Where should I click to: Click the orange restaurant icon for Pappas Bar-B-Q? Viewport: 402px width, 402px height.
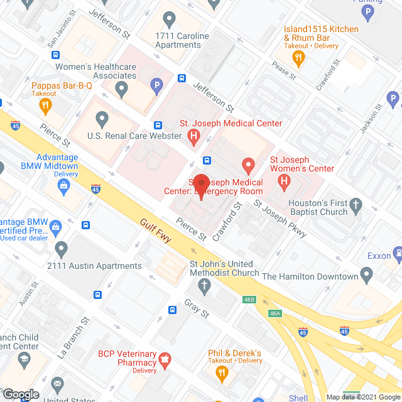click(45, 107)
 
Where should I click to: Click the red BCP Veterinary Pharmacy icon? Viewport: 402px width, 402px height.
click(165, 360)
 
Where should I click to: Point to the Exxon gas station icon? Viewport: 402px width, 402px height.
click(397, 253)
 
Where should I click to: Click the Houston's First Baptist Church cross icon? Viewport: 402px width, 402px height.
click(356, 205)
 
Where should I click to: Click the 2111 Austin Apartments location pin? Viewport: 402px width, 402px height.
click(61, 249)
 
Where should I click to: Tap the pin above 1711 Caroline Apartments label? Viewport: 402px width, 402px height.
click(168, 20)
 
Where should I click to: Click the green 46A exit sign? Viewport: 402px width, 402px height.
click(274, 313)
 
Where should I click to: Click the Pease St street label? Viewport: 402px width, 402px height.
click(284, 70)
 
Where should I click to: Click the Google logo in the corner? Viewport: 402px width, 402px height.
click(20, 394)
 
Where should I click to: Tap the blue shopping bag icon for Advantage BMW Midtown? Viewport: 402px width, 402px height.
click(63, 185)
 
